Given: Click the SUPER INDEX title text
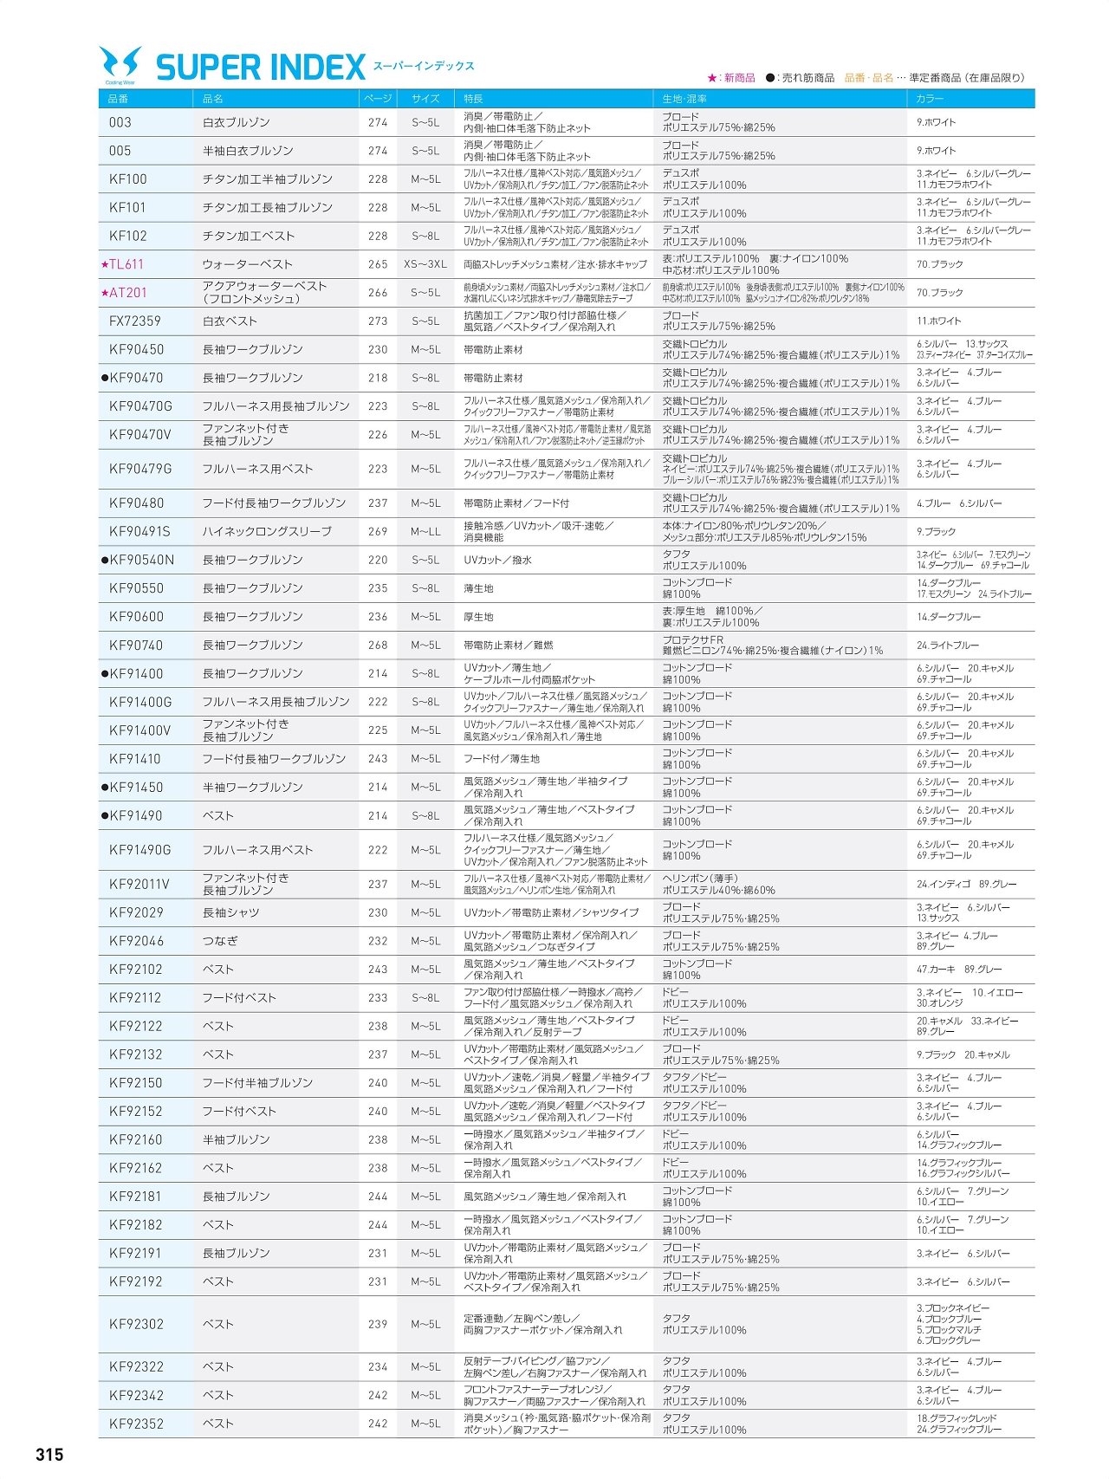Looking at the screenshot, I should point(261,68).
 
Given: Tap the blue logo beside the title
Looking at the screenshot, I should point(120,65).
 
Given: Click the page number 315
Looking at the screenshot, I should point(49,1455).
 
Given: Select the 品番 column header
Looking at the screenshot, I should point(119,99).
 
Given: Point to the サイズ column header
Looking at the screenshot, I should point(425,99).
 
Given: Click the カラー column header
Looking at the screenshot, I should point(931,99).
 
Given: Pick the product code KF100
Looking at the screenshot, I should point(128,179).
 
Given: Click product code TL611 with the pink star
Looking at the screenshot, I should point(126,264).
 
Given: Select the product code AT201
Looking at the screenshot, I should point(127,293).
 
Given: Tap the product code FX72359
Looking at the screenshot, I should point(135,321).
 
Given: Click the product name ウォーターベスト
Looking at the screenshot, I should point(248,264).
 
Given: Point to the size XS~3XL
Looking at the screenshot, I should point(425,264).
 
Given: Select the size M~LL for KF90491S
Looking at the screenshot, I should point(425,532).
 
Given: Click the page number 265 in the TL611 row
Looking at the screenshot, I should point(378,264).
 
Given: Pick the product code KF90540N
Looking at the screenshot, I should point(141,561).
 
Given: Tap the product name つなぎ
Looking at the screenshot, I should point(220,941).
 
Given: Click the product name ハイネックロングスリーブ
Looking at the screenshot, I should point(267,532).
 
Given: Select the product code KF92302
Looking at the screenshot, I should point(136,1324).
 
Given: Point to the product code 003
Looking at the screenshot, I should point(120,123).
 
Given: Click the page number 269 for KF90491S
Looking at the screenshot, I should point(378,532).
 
